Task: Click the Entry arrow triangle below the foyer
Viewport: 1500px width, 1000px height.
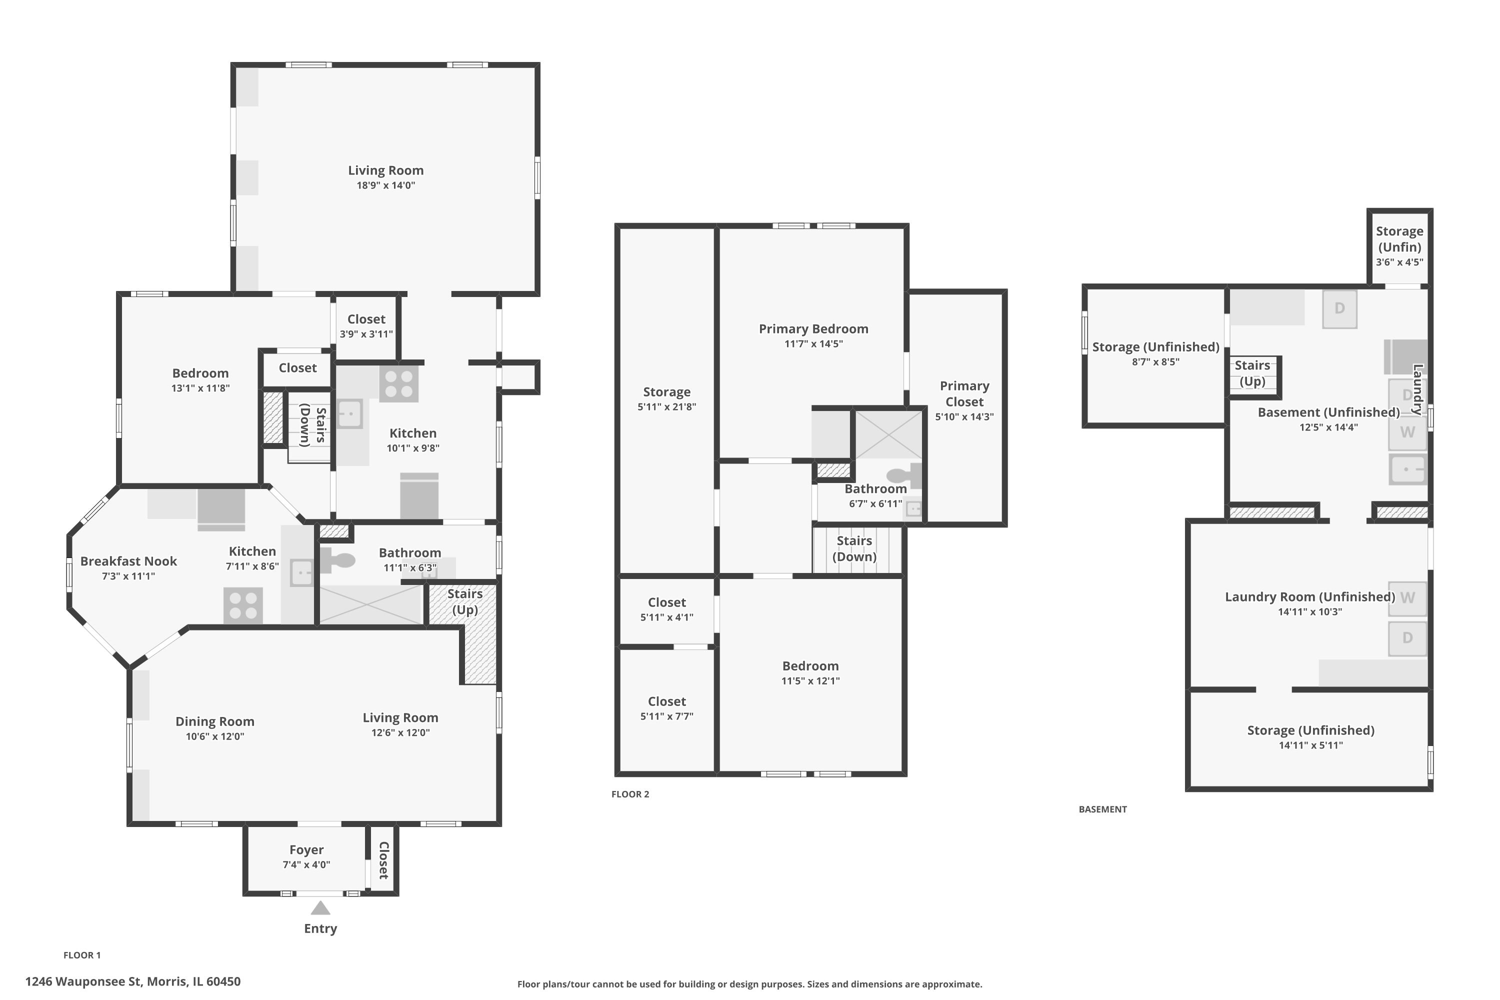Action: [x=320, y=907]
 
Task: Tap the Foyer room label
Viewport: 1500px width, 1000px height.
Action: [x=306, y=849]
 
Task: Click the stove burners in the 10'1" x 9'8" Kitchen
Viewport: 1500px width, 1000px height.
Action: [x=398, y=383]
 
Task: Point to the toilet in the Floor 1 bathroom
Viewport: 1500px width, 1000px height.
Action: [x=338, y=560]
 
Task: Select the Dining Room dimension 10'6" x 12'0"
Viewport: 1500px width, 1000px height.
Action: [x=215, y=736]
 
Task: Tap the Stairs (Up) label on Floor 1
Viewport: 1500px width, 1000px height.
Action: [x=464, y=601]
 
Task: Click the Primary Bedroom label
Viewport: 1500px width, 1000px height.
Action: [x=813, y=329]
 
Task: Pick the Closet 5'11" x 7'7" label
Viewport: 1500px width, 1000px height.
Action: [x=666, y=701]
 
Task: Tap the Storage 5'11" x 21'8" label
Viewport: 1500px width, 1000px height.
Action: [x=666, y=392]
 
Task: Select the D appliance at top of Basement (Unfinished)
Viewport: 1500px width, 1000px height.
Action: [x=1339, y=308]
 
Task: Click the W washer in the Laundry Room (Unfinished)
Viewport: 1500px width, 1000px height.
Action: [x=1407, y=598]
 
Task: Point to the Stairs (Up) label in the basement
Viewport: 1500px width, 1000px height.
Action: [x=1252, y=373]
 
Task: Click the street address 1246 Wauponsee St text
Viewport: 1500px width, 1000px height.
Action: [x=132, y=981]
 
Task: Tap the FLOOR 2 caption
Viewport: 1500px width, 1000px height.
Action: [x=630, y=794]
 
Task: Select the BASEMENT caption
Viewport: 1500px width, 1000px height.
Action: [x=1102, y=809]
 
